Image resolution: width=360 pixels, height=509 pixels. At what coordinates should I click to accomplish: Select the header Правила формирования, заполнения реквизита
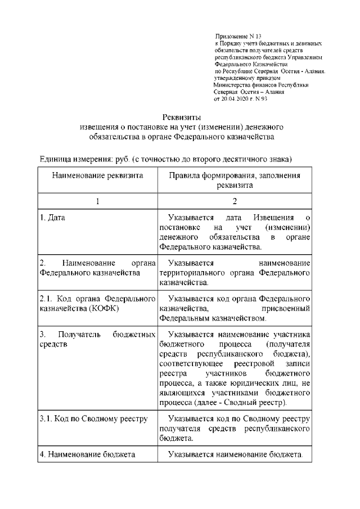(x=235, y=181)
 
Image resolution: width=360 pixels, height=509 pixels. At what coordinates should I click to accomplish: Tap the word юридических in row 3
(x=263, y=384)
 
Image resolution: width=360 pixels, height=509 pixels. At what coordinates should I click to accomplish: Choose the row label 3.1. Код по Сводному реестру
(x=93, y=419)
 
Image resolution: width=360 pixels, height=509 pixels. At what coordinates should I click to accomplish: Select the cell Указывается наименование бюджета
(x=236, y=454)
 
